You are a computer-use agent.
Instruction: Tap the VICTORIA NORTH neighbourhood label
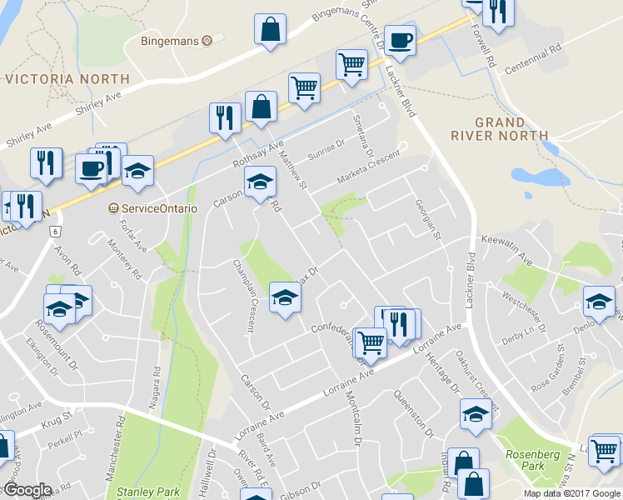67,79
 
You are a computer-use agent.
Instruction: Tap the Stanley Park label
148,492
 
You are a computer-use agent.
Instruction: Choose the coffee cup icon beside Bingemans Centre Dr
399,40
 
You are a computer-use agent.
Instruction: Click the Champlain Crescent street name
242,296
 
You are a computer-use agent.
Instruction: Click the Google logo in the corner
27,490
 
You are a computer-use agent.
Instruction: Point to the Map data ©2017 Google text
571,493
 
